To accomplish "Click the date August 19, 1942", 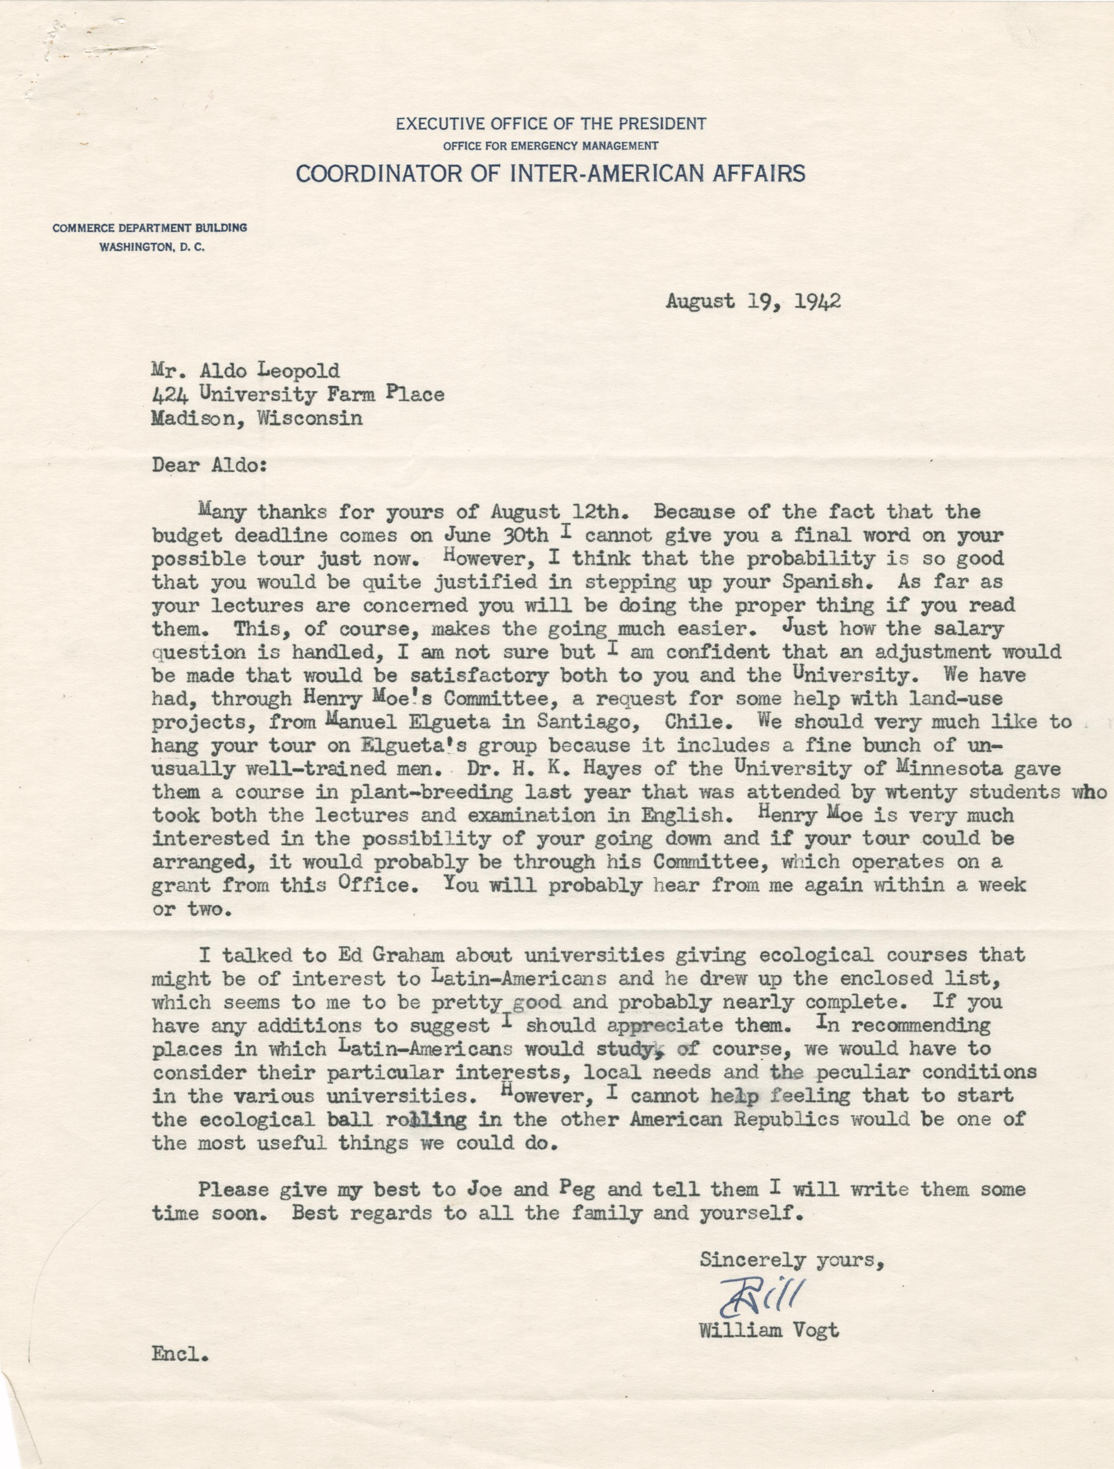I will coord(754,302).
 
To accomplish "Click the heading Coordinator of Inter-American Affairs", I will coord(550,174).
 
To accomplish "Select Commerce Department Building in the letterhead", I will coord(150,228).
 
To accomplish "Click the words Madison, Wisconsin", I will coord(257,418).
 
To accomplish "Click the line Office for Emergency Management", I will coord(550,146).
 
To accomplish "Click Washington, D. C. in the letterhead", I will coord(152,248).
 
